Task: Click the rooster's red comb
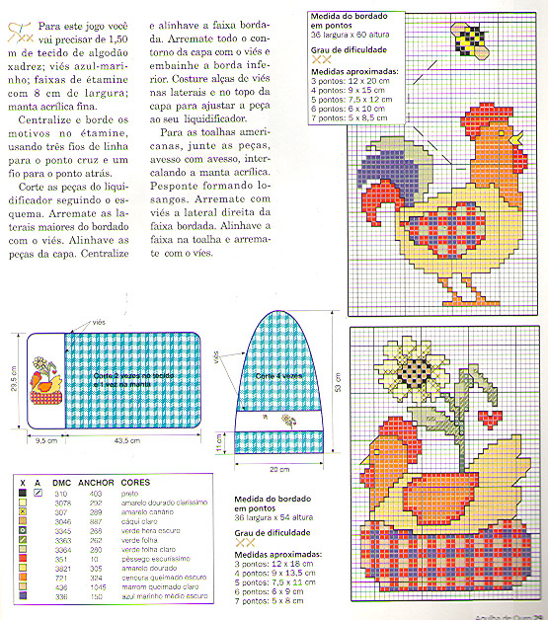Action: click(x=511, y=134)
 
